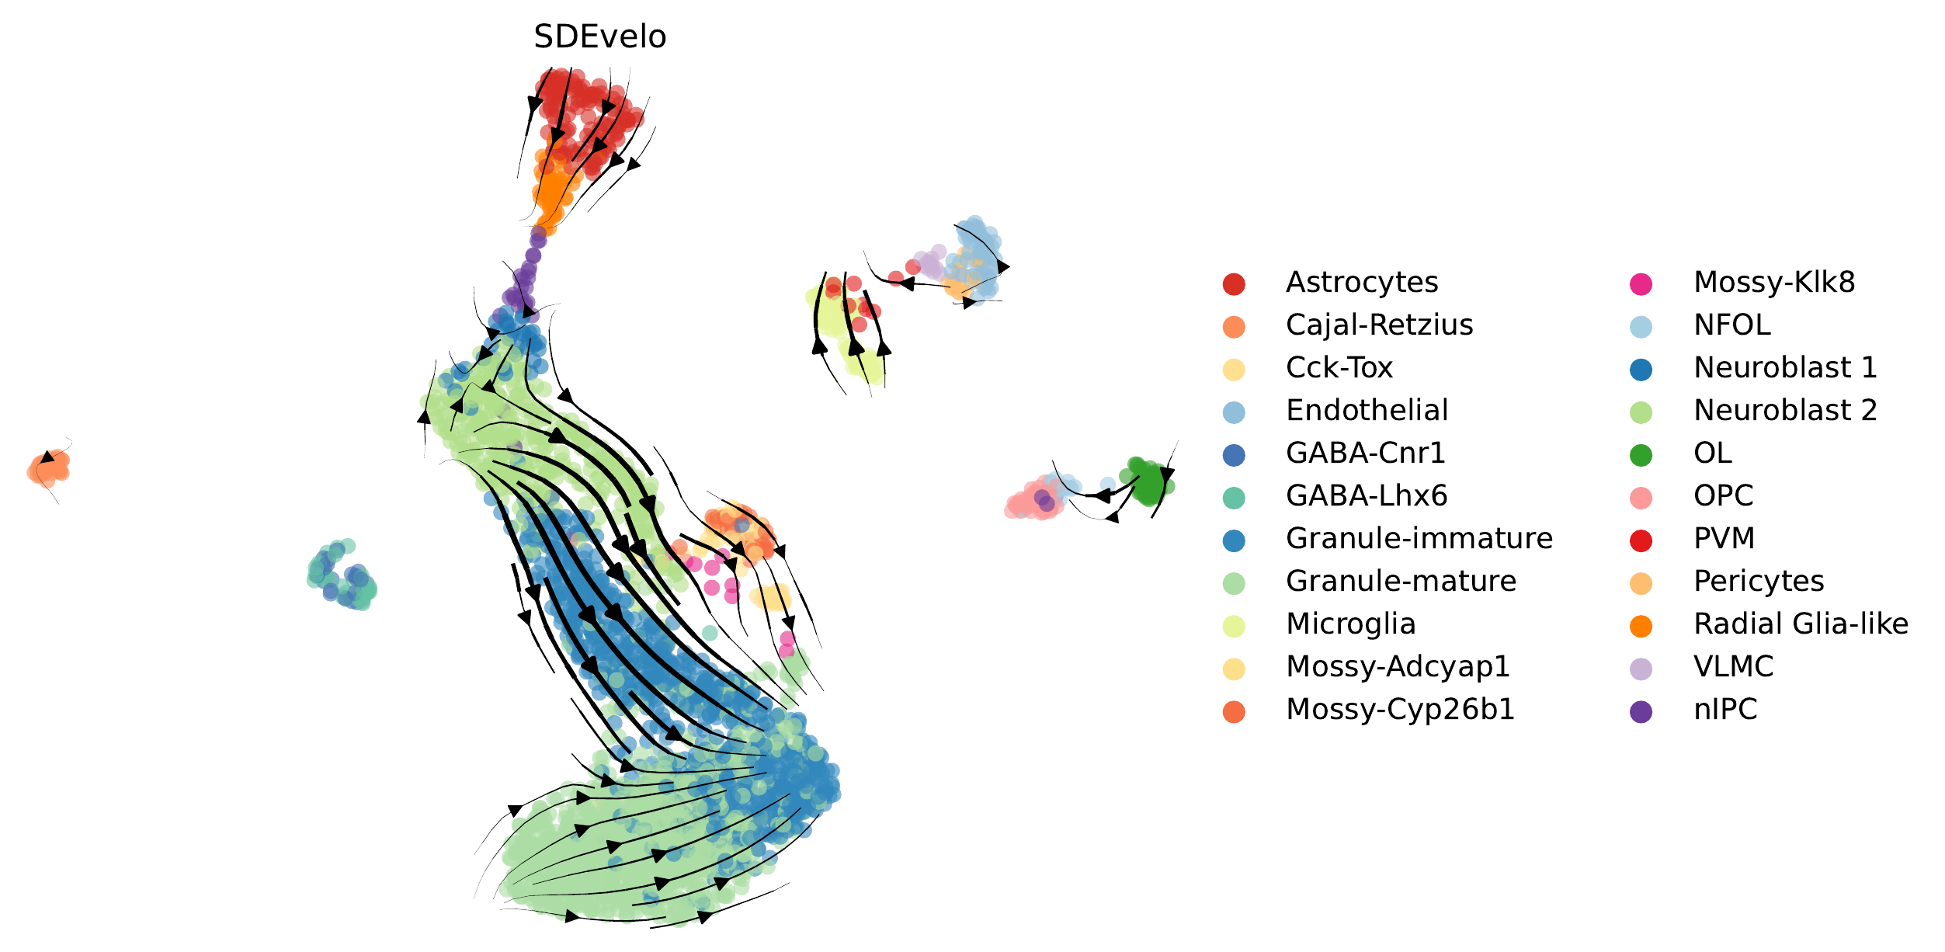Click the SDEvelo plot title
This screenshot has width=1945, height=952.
pos(599,36)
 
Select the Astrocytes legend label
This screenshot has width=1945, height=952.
pos(1362,283)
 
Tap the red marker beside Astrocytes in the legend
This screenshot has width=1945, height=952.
pos(1234,284)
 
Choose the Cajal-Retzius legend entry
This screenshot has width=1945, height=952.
pos(1379,325)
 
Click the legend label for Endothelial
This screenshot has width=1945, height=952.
pos(1367,411)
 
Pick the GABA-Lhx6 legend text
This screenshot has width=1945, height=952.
pos(1367,496)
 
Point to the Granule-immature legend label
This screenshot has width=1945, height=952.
pos(1419,539)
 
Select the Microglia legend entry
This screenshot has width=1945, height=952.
pos(1350,624)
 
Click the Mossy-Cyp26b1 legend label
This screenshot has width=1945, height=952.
pos(1400,710)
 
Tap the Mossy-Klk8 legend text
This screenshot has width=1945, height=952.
pos(1774,283)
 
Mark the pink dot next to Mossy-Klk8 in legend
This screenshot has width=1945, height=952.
pos(1641,284)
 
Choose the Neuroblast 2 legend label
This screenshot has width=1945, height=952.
pos(1785,411)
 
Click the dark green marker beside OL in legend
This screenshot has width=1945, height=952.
pos(1641,455)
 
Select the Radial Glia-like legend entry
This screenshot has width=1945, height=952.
pos(1801,624)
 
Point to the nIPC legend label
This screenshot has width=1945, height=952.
pos(1725,710)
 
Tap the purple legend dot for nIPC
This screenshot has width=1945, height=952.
pos(1641,711)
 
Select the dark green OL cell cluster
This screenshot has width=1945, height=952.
pos(1148,481)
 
